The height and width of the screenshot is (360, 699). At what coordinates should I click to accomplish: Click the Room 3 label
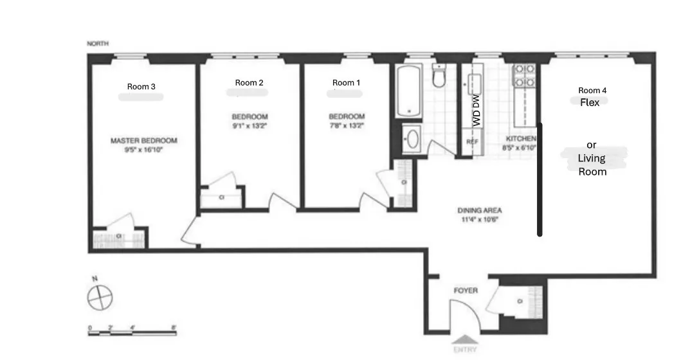(141, 87)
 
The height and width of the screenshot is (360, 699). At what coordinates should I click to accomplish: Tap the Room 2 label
(249, 82)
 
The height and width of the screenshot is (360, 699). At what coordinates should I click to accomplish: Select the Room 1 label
(347, 82)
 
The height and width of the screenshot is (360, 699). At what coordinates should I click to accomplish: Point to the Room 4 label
(592, 91)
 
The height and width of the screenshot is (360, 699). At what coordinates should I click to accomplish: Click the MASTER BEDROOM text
(143, 141)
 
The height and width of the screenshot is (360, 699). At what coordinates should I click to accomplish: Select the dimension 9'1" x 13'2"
(250, 126)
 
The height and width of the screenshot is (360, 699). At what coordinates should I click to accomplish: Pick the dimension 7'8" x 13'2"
(347, 126)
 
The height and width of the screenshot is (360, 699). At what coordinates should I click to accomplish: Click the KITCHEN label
(520, 139)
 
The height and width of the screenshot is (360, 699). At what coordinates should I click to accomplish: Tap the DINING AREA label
(479, 210)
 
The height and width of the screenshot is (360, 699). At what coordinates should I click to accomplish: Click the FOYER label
(466, 291)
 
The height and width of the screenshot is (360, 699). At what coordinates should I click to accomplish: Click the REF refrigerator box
(472, 141)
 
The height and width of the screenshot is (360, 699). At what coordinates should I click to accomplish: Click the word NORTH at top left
(98, 44)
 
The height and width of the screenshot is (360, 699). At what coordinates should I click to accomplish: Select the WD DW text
(477, 109)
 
